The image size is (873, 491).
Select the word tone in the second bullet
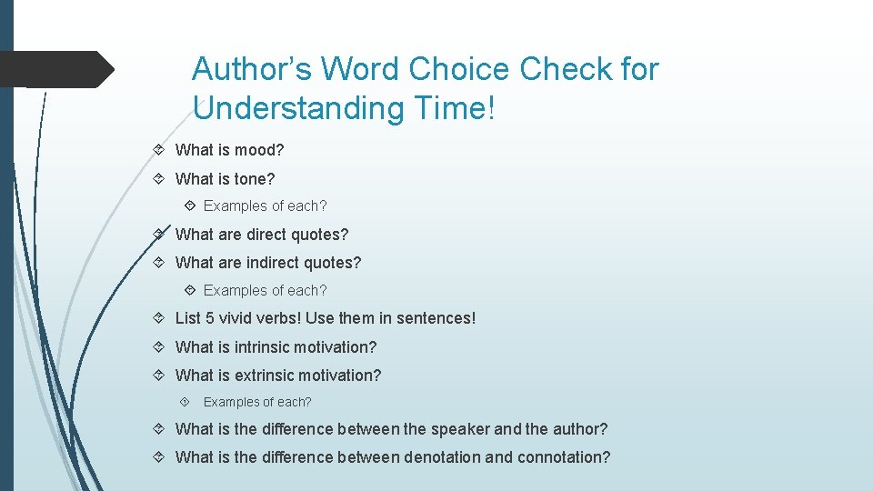coord(254,178)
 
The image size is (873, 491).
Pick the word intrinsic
coord(269,346)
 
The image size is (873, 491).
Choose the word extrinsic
coord(272,375)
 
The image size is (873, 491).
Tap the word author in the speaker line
coord(579,428)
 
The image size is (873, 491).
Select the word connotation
coord(564,456)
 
